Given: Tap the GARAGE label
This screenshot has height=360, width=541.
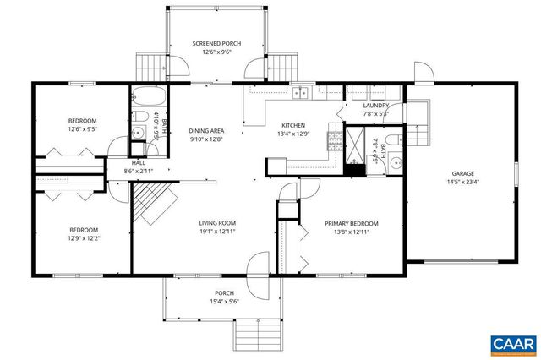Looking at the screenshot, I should pos(462,172).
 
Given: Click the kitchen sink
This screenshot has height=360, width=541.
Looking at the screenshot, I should pos(301,91).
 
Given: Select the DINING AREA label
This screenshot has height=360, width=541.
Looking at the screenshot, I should pos(206,131).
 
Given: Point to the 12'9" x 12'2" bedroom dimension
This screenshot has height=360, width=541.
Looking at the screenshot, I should pos(85,238).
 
